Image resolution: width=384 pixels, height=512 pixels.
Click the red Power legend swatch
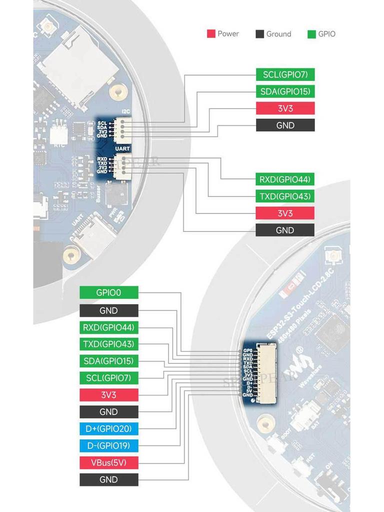pos(210,34)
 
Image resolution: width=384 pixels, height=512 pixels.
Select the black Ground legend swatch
pos(259,34)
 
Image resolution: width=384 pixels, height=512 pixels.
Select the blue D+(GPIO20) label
pos(108,429)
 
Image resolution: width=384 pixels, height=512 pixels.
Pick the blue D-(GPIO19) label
pos(108,445)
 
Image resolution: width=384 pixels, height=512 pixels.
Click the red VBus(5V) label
pos(108,462)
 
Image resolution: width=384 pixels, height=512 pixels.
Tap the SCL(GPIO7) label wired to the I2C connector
pos(285,75)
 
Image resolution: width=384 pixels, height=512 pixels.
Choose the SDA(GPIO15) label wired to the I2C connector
pos(285,91)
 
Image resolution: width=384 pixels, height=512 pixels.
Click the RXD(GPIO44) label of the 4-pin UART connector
pos(285,179)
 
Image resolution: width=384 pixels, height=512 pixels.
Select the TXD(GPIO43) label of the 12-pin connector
pos(108,344)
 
